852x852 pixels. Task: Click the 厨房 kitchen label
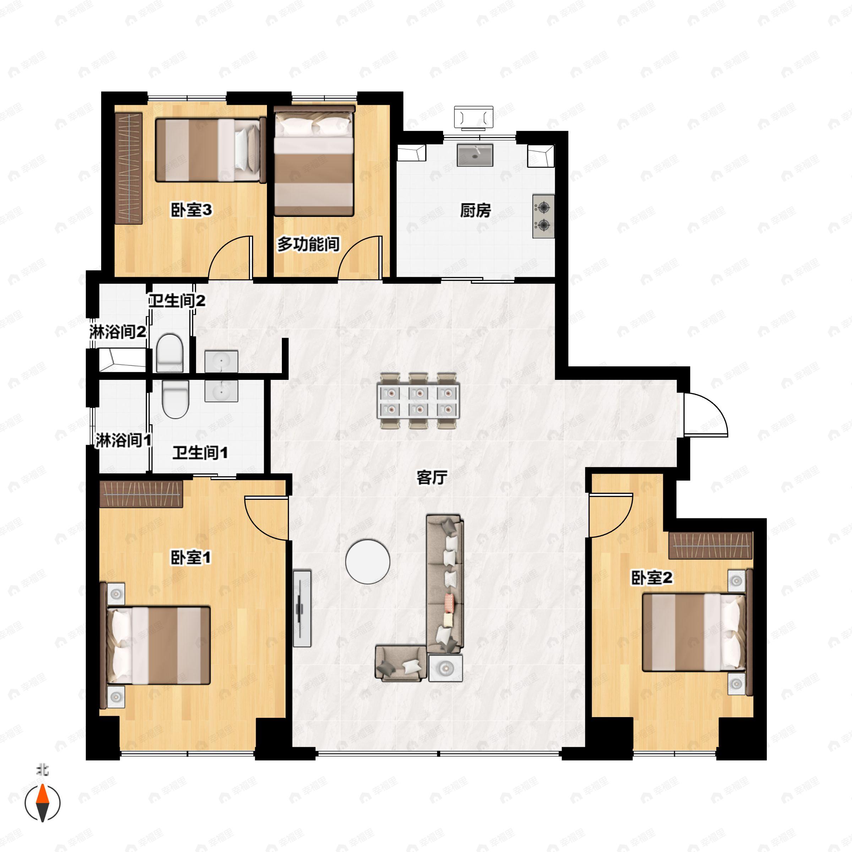pyautogui.click(x=475, y=211)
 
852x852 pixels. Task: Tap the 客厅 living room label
pyautogui.click(x=432, y=477)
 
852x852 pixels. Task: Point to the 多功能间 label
pyautogui.click(x=308, y=244)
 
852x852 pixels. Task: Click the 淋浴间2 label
pyautogui.click(x=117, y=332)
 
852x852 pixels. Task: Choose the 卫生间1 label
pyautogui.click(x=200, y=453)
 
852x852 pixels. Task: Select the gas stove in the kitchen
pyautogui.click(x=543, y=216)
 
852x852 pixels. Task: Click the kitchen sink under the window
pyautogui.click(x=475, y=155)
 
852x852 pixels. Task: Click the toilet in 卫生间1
pyautogui.click(x=175, y=399)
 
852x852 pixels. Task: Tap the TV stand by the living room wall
pyautogui.click(x=302, y=608)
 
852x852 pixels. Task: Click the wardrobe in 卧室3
pyautogui.click(x=129, y=168)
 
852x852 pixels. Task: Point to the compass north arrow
pyautogui.click(x=42, y=802)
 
